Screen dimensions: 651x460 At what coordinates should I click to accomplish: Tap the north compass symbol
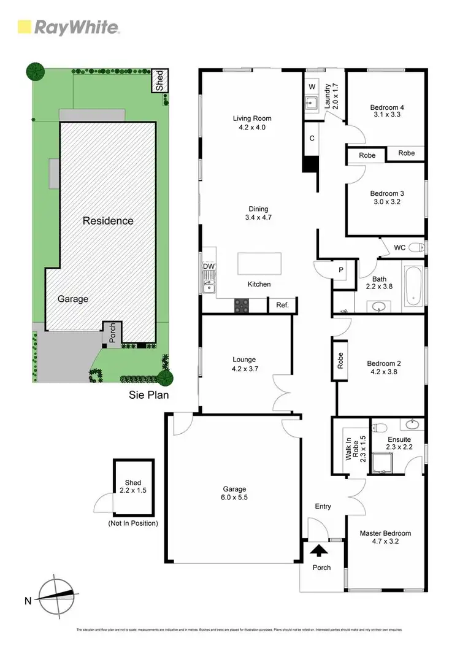[57, 594]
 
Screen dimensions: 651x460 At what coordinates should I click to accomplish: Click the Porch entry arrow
[320, 550]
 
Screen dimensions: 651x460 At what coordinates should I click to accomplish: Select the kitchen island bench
[259, 264]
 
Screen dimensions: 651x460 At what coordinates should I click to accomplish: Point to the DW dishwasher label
[208, 266]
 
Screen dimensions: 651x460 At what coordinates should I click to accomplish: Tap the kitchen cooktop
[242, 305]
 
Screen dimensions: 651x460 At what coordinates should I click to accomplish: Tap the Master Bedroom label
[385, 537]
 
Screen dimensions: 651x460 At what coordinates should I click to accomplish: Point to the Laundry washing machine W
[312, 86]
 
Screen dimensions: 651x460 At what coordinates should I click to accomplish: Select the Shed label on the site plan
[160, 81]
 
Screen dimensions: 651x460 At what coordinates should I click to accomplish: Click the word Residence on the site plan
[108, 220]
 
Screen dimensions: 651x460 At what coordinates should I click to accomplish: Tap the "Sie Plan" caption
[149, 395]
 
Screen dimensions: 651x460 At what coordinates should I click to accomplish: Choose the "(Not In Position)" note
[132, 523]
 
